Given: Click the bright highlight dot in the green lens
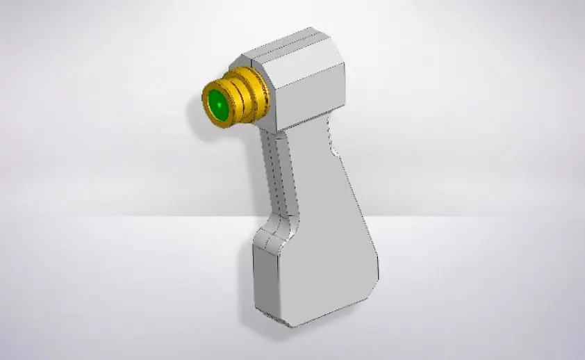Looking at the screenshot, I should tap(217, 106).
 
